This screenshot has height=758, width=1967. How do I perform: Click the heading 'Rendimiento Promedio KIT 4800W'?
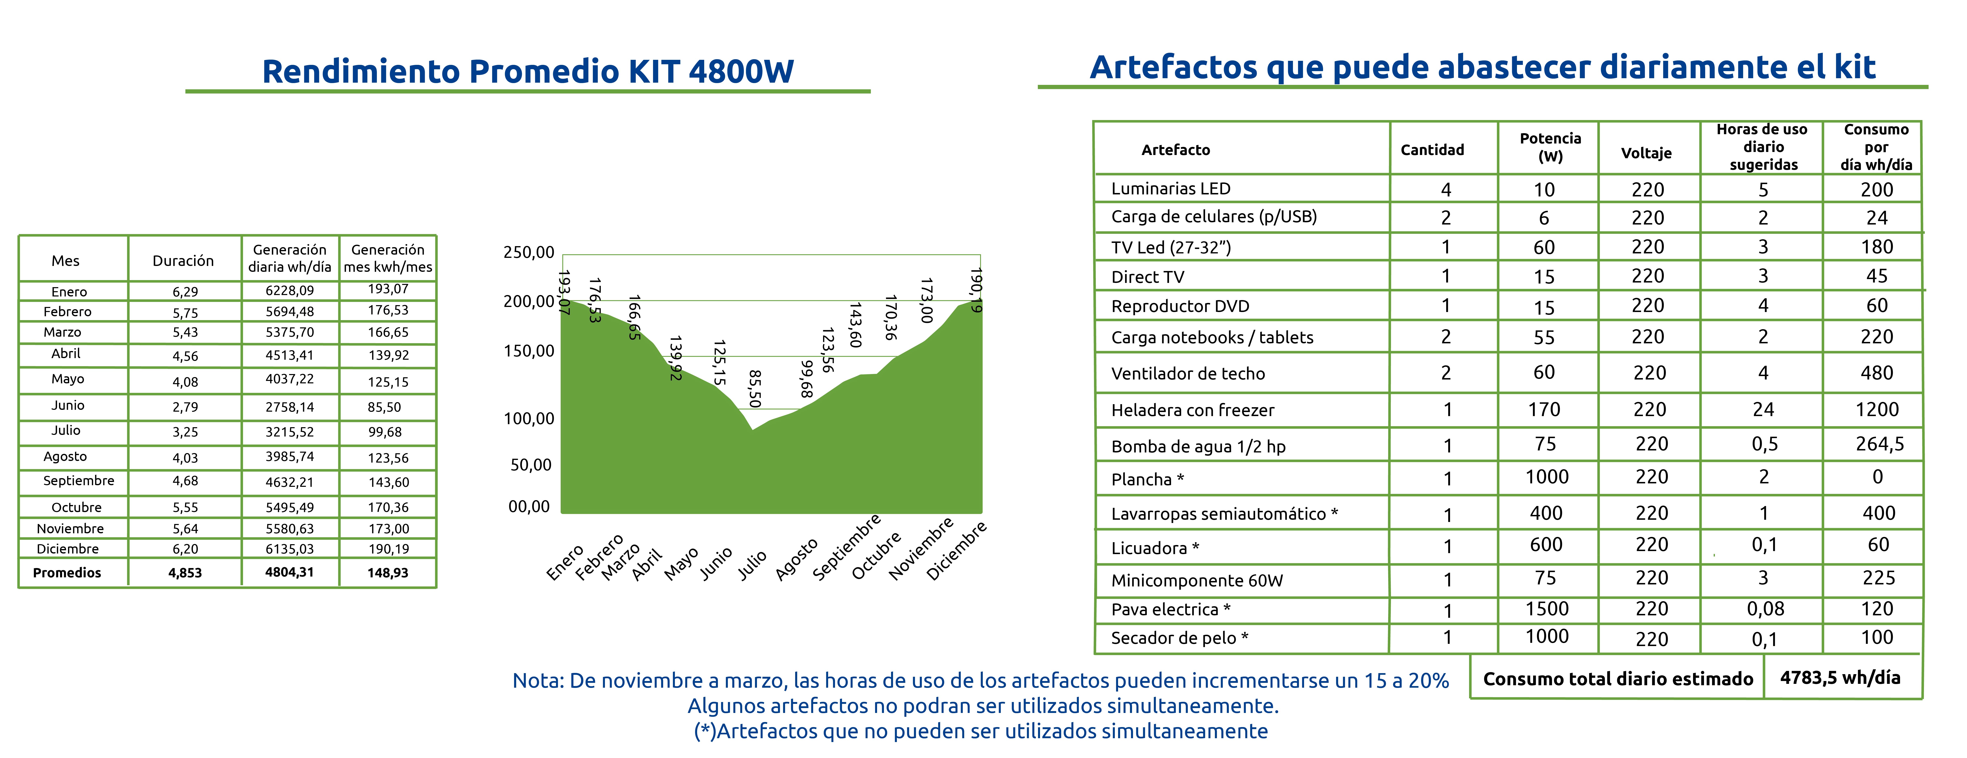point(528,71)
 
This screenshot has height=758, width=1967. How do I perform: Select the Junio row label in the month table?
point(68,405)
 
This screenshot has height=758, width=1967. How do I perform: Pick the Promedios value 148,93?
point(388,572)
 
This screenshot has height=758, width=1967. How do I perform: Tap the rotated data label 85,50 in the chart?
point(754,389)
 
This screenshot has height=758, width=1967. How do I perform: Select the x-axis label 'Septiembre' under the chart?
point(846,547)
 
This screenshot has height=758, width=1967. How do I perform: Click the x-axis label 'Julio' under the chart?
point(752,566)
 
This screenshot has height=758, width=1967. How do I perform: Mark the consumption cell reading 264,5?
point(1880,444)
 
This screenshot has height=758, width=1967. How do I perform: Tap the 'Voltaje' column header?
point(1646,153)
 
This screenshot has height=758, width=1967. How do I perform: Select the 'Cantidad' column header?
point(1432,150)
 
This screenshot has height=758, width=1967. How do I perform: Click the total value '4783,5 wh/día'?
point(1840,677)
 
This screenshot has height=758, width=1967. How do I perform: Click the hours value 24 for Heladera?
point(1763,410)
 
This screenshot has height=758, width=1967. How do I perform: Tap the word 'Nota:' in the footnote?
point(538,680)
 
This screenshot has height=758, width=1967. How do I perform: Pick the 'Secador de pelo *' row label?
point(1180,638)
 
